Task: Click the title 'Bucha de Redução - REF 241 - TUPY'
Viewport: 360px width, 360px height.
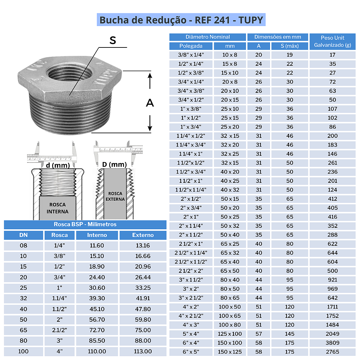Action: click(x=181, y=20)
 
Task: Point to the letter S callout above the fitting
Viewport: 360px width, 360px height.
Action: click(x=112, y=40)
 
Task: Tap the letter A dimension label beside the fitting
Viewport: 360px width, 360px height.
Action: click(x=150, y=103)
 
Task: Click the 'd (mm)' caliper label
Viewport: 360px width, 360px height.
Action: click(x=58, y=165)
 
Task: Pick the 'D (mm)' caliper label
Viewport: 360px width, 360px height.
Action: click(x=114, y=165)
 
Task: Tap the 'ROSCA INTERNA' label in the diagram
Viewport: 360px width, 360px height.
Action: click(x=57, y=208)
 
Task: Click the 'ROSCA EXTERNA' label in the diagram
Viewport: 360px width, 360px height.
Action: click(x=115, y=196)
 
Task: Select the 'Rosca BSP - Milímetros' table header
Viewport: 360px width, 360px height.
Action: click(x=85, y=224)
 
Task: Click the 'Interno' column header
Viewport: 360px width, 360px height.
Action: click(x=97, y=235)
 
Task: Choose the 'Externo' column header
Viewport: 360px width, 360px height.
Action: click(x=143, y=235)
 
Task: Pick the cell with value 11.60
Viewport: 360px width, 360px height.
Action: click(x=97, y=246)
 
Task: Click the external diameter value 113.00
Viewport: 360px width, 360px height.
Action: click(x=143, y=351)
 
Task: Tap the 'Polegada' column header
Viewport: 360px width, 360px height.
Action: click(x=191, y=46)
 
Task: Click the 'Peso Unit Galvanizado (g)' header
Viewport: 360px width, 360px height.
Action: click(x=332, y=41)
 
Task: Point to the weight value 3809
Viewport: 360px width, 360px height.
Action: click(x=332, y=343)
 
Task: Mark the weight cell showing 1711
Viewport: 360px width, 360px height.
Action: click(x=332, y=307)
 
